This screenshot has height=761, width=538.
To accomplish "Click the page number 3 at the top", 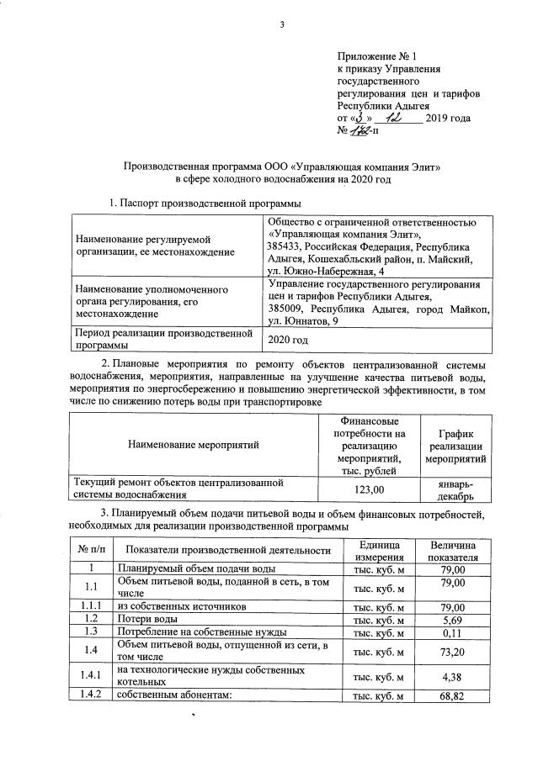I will [x=283, y=24].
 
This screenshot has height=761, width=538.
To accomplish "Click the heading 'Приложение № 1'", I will [x=376, y=55].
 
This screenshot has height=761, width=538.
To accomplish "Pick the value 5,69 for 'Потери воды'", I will [x=453, y=618].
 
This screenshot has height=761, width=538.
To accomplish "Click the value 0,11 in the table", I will [x=453, y=632].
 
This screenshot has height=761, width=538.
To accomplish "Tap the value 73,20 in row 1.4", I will [x=453, y=651].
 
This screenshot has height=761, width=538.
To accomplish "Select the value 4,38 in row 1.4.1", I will [x=453, y=676].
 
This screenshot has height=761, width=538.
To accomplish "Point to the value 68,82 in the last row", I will [x=453, y=696].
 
